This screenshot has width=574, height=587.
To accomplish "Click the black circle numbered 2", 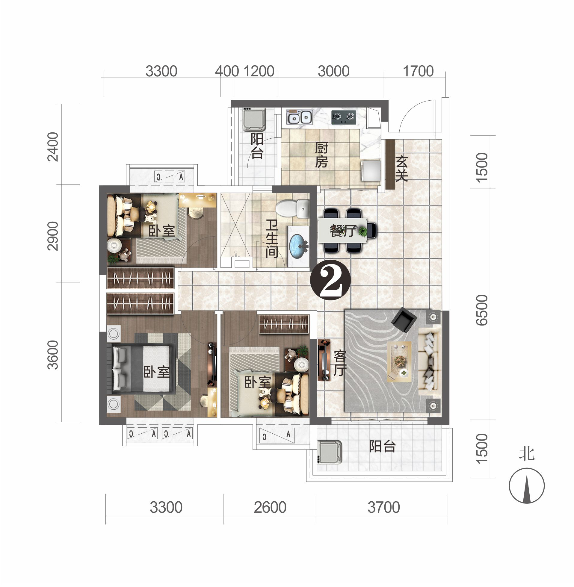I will click(x=330, y=280).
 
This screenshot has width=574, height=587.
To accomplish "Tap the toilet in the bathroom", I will click(x=292, y=208).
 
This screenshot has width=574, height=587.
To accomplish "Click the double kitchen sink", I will click(x=299, y=117).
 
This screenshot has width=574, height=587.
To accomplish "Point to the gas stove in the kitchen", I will click(x=344, y=117).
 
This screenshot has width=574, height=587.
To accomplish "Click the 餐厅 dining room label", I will click(x=343, y=232).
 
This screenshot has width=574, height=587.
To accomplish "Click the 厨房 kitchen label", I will click(x=321, y=155).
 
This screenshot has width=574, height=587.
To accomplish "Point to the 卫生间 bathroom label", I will click(x=272, y=239).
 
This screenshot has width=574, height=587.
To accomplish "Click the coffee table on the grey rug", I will click(x=399, y=361).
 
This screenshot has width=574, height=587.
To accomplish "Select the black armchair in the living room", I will click(x=404, y=320).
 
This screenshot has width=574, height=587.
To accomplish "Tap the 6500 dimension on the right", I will click(x=482, y=310).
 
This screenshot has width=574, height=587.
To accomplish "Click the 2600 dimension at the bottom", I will click(x=270, y=507).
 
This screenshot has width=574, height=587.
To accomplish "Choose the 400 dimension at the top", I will click(x=227, y=71).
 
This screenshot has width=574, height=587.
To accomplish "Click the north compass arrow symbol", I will click(x=527, y=486).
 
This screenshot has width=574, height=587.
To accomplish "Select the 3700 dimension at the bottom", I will click(x=383, y=507).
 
